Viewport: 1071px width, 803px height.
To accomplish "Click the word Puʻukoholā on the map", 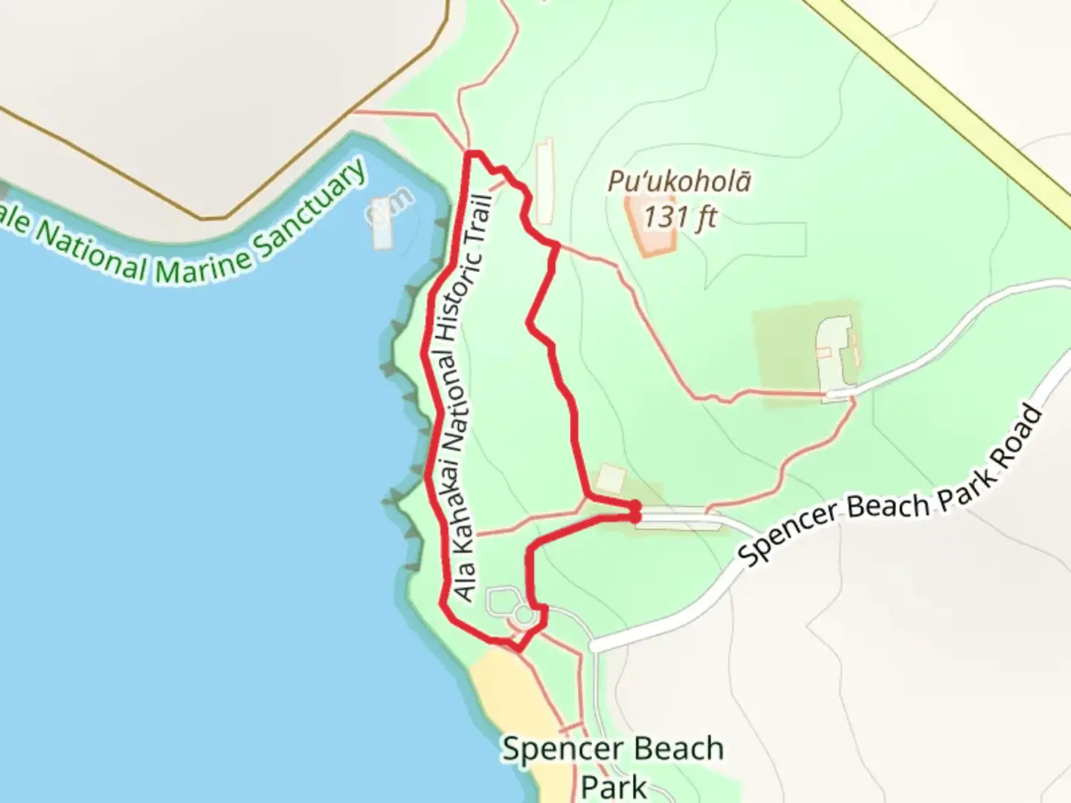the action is (x=679, y=181).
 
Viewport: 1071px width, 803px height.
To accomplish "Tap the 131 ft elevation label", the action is (x=680, y=218).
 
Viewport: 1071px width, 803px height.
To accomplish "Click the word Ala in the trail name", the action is (x=465, y=584).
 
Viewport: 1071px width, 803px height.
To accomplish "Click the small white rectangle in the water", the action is (x=381, y=223).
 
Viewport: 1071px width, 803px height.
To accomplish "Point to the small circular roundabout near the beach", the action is (x=524, y=616).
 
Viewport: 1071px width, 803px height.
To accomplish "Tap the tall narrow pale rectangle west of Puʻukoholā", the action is (x=545, y=180).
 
